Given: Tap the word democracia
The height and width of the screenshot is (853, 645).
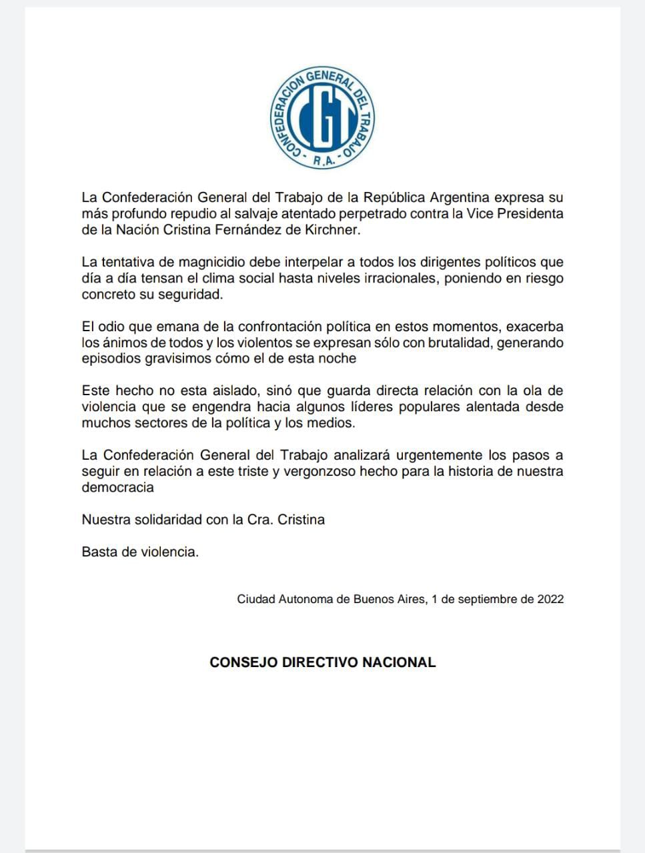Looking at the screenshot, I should point(117,487).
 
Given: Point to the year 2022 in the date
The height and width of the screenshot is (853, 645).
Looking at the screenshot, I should point(550,599).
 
